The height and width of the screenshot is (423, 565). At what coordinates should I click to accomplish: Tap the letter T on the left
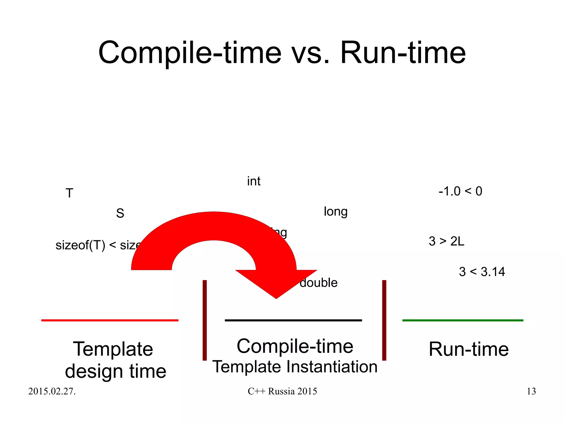coord(69,193)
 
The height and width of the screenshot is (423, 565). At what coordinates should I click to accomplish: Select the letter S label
coord(120,213)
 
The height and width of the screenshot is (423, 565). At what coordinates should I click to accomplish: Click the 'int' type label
coord(254,181)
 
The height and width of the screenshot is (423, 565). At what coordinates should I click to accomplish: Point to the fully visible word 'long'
coord(335,212)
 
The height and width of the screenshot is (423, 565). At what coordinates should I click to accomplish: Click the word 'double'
coord(319,283)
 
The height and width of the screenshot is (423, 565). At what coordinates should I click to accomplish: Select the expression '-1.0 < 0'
coord(460,191)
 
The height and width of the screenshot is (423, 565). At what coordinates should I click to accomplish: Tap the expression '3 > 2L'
coord(446,241)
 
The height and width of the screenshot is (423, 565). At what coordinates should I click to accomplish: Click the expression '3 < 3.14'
coord(482,272)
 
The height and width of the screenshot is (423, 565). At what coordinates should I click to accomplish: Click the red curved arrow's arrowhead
coord(276,284)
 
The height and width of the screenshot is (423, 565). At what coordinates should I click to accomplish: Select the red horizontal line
coord(110,320)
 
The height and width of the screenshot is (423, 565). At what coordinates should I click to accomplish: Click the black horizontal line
coord(293,320)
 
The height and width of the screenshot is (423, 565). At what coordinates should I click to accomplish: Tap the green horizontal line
coord(463,320)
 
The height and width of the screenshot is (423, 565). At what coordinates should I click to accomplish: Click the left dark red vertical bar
coord(204,320)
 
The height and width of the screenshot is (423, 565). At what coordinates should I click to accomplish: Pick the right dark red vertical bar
coord(384,320)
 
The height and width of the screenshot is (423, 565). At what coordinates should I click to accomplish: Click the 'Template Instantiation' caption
coord(295,367)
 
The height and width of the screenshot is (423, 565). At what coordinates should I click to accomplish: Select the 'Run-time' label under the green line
coord(468,349)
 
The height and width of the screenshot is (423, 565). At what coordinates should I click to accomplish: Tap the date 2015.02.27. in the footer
coord(52,391)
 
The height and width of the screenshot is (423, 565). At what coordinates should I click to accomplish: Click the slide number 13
coord(531,391)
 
